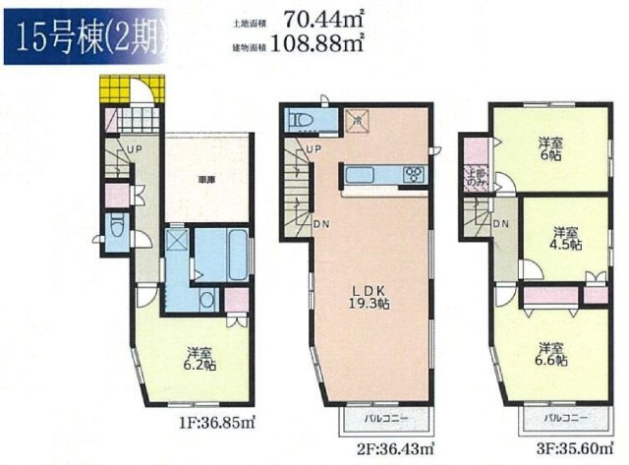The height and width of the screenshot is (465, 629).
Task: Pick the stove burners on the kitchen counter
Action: click(x=414, y=176)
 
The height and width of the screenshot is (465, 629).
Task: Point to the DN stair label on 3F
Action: click(x=501, y=224)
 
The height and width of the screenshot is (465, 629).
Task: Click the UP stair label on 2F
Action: click(x=312, y=149)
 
